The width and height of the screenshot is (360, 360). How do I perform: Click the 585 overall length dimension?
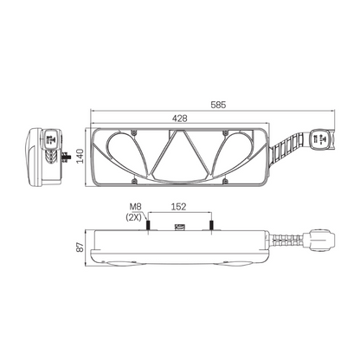pyautogui.click(x=218, y=105)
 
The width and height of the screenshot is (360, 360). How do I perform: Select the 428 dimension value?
pyautogui.click(x=180, y=119)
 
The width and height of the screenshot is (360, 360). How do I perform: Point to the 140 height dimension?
pyautogui.click(x=80, y=156)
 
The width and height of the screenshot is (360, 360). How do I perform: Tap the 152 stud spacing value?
pyautogui.click(x=179, y=207)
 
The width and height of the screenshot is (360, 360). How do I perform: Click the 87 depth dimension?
pyautogui.click(x=80, y=247)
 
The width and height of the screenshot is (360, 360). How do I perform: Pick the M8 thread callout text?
pyautogui.click(x=135, y=207)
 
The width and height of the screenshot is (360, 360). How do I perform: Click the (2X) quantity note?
pyautogui.click(x=133, y=217)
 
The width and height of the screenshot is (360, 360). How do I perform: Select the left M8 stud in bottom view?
pyautogui.click(x=148, y=225)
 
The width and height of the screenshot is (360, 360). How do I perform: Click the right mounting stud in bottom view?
pyautogui.click(x=211, y=225)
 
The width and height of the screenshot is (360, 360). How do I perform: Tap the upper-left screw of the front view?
pyautogui.click(x=133, y=132)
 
